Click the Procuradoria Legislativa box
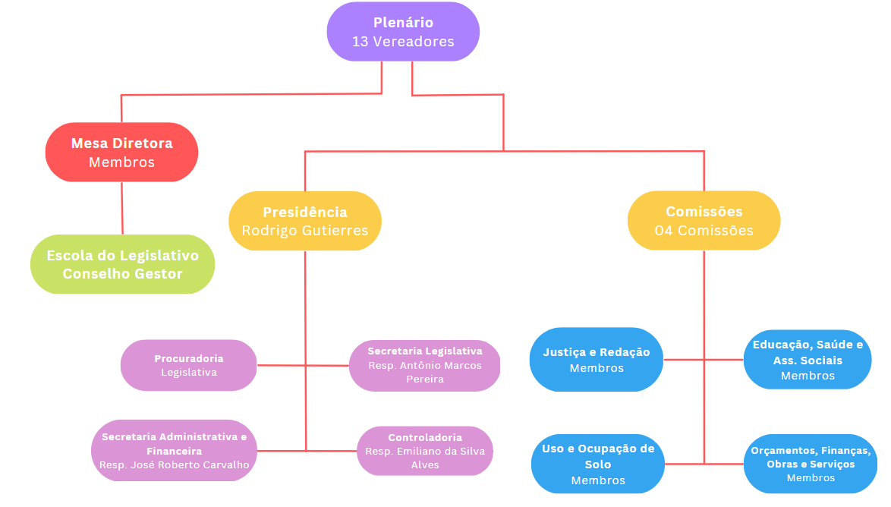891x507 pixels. coord(189,365)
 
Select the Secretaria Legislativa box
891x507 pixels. coord(425,365)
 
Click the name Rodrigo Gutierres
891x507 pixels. coord(305,231)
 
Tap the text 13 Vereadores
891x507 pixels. coord(403,42)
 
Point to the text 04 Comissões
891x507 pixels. coord(704,231)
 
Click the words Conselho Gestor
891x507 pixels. coord(122,274)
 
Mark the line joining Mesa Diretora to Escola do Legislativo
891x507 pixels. coord(122,208)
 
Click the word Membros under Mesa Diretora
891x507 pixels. coord(121,162)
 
